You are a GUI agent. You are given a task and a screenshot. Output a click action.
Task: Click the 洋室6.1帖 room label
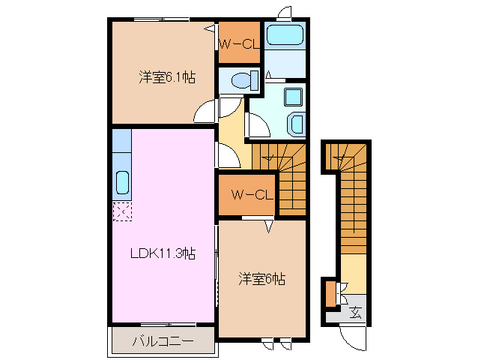[x=166, y=76]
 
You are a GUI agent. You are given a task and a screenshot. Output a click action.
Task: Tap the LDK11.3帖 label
[x=163, y=253]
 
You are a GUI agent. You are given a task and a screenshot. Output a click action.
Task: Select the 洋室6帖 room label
[x=261, y=279]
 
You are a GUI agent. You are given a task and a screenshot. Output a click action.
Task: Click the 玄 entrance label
[x=355, y=311]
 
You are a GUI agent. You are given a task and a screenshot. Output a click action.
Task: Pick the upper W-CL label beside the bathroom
[x=238, y=43]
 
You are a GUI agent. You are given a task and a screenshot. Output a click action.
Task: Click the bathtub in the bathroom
[x=284, y=35]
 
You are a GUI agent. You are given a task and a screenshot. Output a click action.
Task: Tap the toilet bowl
[x=241, y=79]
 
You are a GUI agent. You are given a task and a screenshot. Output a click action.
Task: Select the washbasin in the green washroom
[x=297, y=123]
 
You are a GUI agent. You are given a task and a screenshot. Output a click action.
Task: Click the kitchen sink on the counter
[x=122, y=181]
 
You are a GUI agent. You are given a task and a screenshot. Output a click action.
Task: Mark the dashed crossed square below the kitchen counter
[x=121, y=211]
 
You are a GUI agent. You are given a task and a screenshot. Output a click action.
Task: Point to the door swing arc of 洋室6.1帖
[x=205, y=112]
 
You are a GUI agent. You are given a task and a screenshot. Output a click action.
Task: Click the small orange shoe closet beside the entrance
[x=330, y=293]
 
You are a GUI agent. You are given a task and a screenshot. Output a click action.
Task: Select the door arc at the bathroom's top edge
[x=285, y=13]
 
